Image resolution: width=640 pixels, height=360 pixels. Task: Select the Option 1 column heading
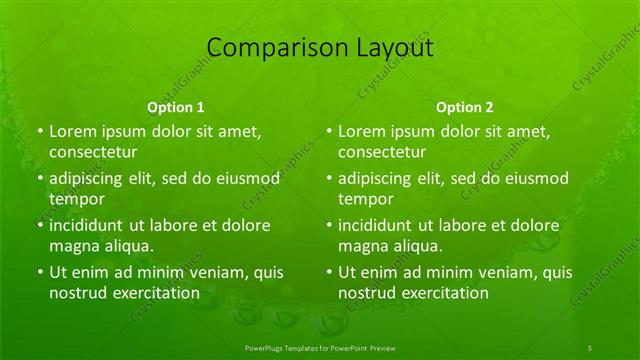(x=176, y=106)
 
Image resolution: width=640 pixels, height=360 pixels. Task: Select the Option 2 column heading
(x=465, y=106)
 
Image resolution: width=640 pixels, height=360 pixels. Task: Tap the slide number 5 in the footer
(x=590, y=346)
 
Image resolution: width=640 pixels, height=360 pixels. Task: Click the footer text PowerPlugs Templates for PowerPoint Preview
(x=320, y=346)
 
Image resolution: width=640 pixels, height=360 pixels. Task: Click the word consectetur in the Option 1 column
(x=94, y=153)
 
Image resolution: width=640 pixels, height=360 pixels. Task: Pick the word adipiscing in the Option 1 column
(x=90, y=179)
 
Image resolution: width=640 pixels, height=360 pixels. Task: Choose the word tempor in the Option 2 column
(x=366, y=199)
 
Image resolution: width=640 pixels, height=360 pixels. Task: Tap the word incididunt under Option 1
(x=91, y=225)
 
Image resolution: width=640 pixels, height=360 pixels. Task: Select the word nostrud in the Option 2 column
(x=366, y=292)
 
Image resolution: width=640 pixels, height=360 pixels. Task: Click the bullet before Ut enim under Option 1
(x=40, y=272)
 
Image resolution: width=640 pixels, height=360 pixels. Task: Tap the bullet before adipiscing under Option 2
(x=329, y=179)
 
